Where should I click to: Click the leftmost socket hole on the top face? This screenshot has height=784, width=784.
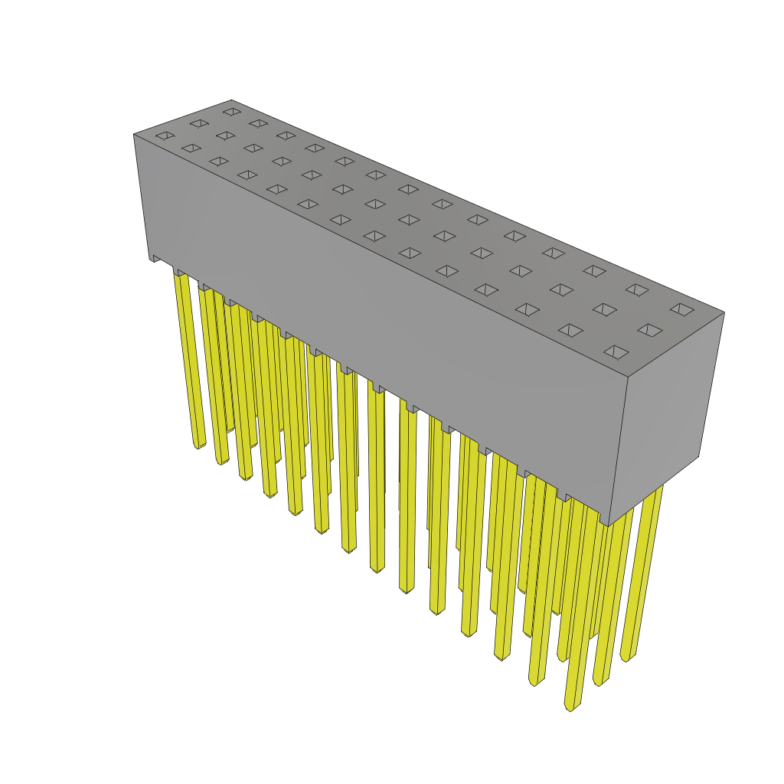pyautogui.click(x=165, y=136)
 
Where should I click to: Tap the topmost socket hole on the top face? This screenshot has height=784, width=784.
pyautogui.click(x=232, y=112)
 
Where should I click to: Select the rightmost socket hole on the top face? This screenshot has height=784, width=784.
pyautogui.click(x=682, y=309)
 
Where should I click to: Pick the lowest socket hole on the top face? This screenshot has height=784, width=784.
pyautogui.click(x=616, y=352)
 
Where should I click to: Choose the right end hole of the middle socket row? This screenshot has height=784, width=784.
pyautogui.click(x=649, y=330)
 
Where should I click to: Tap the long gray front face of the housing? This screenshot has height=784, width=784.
pyautogui.click(x=383, y=306)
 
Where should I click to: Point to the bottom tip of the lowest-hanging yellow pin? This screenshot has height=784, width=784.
pyautogui.click(x=570, y=707)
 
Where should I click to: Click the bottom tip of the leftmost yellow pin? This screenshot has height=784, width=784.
pyautogui.click(x=198, y=445)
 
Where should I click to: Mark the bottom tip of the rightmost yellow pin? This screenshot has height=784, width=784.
pyautogui.click(x=626, y=658)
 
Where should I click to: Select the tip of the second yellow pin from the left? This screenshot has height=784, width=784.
pyautogui.click(x=222, y=462)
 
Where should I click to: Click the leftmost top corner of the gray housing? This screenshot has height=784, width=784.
pyautogui.click(x=134, y=135)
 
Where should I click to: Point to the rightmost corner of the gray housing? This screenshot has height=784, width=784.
pyautogui.click(x=724, y=312)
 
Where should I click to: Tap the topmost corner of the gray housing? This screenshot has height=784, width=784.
pyautogui.click(x=231, y=100)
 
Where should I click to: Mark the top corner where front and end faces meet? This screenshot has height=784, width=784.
pyautogui.click(x=628, y=377)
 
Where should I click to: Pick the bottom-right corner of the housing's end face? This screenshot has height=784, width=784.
pyautogui.click(x=698, y=456)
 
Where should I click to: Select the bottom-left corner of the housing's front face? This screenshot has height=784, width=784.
pyautogui.click(x=150, y=260)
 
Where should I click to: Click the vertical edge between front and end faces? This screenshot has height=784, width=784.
pyautogui.click(x=618, y=452)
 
